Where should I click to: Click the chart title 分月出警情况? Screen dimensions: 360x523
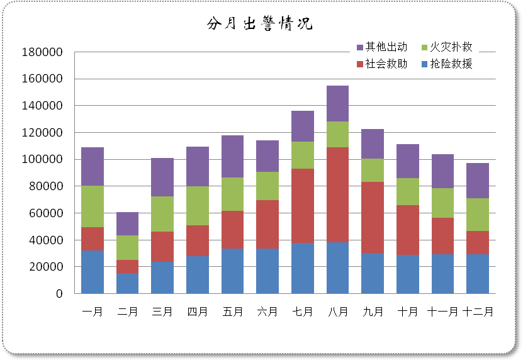[259, 25]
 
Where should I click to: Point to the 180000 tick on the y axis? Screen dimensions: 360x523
[42, 52]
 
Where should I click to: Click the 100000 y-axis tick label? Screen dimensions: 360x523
[42, 160]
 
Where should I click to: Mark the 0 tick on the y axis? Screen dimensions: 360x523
[59, 294]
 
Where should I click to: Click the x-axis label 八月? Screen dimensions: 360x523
[337, 312]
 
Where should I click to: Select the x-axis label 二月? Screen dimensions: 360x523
[128, 312]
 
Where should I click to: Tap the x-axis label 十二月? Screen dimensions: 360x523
[477, 312]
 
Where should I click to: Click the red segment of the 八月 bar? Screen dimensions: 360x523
[337, 195]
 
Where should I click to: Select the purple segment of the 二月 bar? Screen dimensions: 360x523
[128, 223]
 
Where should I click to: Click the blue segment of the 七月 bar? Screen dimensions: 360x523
[303, 268]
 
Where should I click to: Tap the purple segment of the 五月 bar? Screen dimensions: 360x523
[233, 157]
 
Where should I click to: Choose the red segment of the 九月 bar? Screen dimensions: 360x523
[373, 217]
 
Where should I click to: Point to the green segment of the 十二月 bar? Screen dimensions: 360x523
[477, 215]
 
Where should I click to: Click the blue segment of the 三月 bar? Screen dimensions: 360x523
[162, 278]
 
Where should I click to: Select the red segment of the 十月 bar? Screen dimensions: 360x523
[407, 230]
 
